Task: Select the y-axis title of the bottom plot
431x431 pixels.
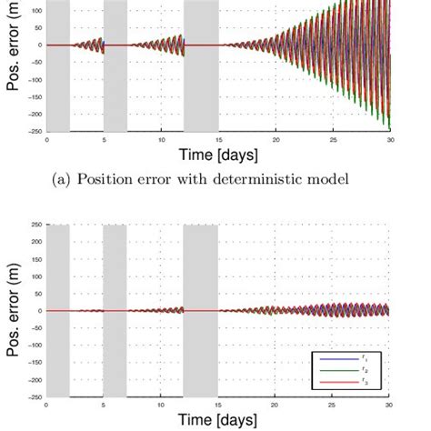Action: tap(13, 311)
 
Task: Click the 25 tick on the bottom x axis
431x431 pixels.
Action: tap(333, 406)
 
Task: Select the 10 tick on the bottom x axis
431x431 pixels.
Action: tap(161, 406)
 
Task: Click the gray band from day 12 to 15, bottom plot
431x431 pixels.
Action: tap(201, 309)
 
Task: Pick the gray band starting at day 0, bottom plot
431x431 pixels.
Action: tap(57, 309)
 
